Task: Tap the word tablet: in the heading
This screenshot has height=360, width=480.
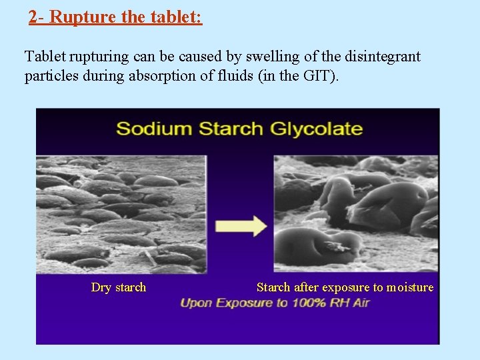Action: coord(178,17)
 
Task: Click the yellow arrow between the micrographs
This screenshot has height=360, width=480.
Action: coord(241,225)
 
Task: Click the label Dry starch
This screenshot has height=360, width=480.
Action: coord(118,287)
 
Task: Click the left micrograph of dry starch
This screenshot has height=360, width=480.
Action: coord(121,213)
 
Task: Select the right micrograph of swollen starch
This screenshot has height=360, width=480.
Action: coord(356,213)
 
